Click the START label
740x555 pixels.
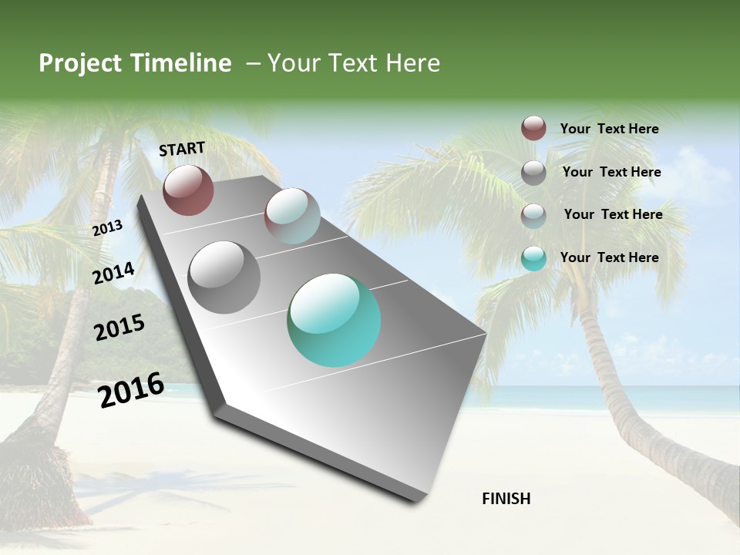tap(182, 149)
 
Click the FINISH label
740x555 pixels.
tap(506, 499)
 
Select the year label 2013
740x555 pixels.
tap(107, 228)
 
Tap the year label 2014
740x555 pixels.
tap(113, 273)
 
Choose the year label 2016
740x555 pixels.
tap(131, 389)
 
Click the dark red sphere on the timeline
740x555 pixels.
tap(188, 190)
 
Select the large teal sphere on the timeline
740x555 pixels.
tap(334, 320)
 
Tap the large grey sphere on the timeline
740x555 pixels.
tap(224, 277)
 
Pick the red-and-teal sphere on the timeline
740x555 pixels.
tap(292, 216)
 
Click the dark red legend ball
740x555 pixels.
tap(533, 129)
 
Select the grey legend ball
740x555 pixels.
tap(533, 173)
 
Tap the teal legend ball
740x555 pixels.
tap(533, 258)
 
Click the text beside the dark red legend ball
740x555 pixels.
tap(609, 129)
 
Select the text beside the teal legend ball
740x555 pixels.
tap(609, 257)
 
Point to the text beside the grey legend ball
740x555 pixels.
tap(611, 172)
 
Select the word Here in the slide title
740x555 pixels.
tap(412, 63)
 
